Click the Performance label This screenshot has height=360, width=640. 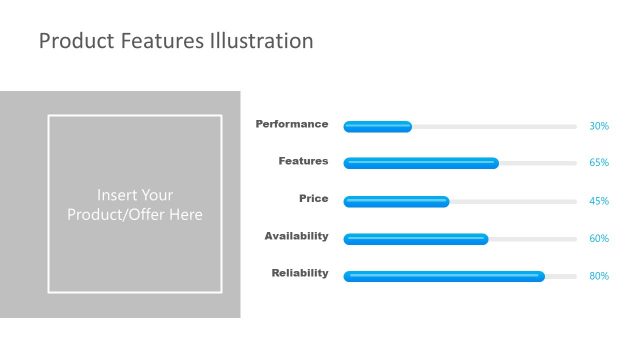[291, 125]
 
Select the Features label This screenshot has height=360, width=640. [303, 161]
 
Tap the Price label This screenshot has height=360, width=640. [313, 199]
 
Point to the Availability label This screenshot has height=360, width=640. [296, 236]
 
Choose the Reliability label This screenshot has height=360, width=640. [300, 273]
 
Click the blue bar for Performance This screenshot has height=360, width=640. [377, 127]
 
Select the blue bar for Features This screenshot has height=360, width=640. [421, 163]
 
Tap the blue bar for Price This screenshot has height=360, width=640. [396, 201]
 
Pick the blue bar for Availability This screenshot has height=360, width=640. [416, 239]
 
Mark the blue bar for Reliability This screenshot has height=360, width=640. [444, 276]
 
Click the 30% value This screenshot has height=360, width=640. [599, 127]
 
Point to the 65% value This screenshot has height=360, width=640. [599, 163]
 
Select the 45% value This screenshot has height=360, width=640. [599, 201]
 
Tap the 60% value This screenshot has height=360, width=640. [599, 239]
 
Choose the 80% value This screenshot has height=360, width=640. [599, 276]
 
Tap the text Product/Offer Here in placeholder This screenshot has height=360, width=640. [135, 215]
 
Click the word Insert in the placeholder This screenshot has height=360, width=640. [118, 195]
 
